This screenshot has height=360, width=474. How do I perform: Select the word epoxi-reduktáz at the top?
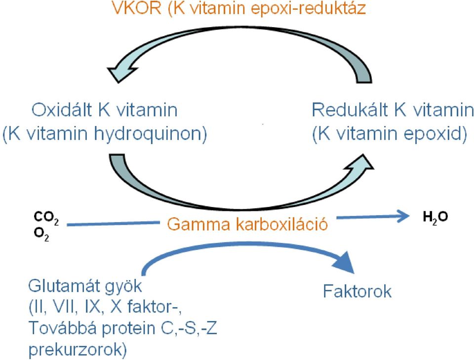tap(308, 8)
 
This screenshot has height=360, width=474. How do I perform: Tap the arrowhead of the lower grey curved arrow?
tap(360, 163)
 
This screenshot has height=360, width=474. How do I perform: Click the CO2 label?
tap(46, 218)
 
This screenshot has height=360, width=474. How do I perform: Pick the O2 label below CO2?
tap(41, 235)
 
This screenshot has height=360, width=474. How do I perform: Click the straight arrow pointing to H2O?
tap(373, 217)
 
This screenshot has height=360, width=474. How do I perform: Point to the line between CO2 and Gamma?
tap(113, 224)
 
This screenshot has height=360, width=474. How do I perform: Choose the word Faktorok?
tap(357, 291)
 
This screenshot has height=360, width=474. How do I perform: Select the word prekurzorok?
tap(78, 350)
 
